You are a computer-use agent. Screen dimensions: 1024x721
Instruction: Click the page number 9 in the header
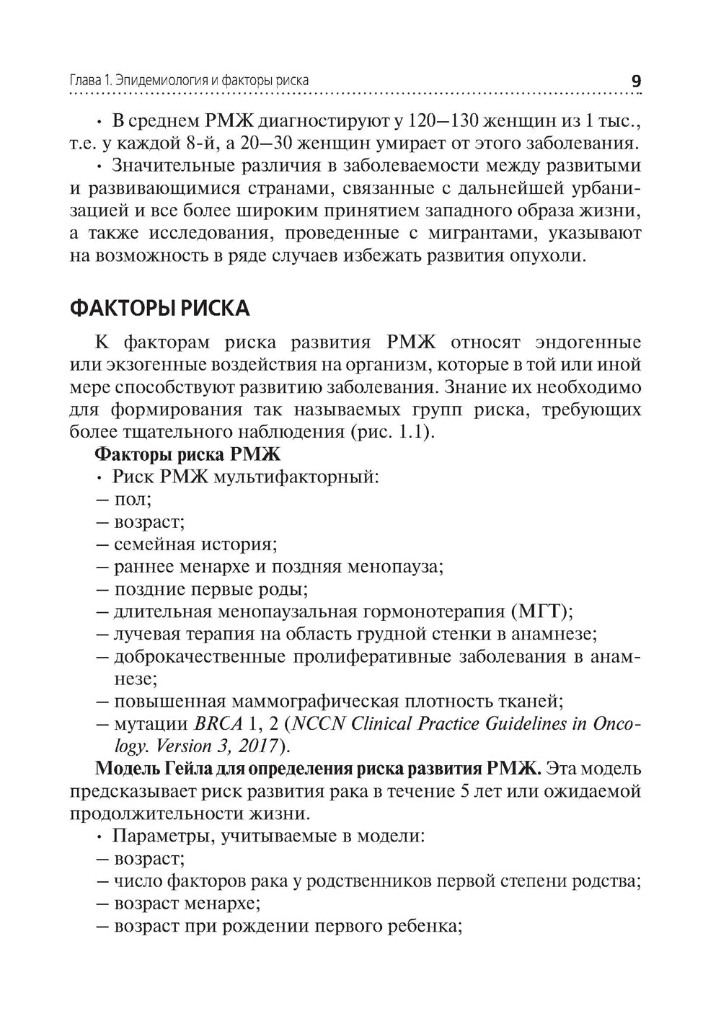[x=635, y=81]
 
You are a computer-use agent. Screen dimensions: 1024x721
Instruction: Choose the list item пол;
[x=132, y=500]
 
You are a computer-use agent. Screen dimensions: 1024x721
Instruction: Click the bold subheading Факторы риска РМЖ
[x=187, y=455]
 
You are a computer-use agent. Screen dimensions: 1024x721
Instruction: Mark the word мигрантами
[x=486, y=234]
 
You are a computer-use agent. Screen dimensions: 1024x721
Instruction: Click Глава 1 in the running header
[x=90, y=81]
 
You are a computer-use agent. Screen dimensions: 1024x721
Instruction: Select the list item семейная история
[x=195, y=544]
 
